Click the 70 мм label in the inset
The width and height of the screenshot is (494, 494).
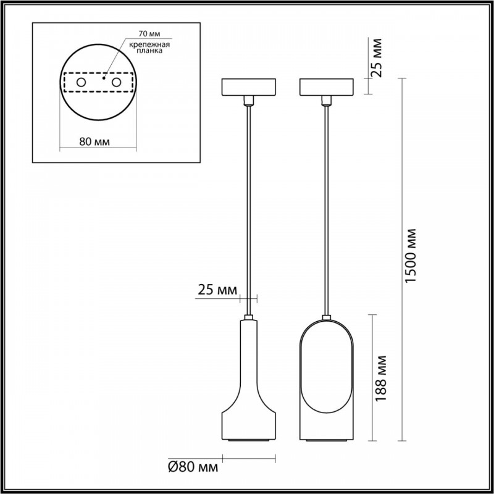pos(149,33)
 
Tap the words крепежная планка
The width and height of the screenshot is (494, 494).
pos(149,48)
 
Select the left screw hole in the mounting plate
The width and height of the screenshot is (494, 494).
pos(81,83)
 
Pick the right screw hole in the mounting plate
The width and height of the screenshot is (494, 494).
pos(116,83)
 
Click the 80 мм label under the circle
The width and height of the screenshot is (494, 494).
pos(94,142)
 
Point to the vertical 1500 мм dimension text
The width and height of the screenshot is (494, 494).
pos(411,256)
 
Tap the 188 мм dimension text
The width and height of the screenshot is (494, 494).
pos(381,378)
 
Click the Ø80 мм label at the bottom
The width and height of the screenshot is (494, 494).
pos(193,467)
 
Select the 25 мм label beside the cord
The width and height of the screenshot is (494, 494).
pos(217,290)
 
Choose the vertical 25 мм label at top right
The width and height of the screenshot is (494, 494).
pos(377,57)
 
